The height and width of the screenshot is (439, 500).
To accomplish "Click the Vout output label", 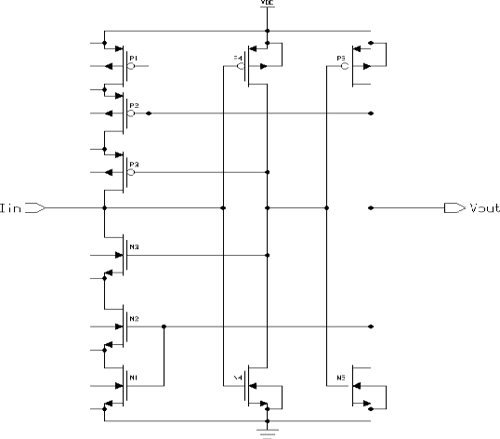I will coord(478,208).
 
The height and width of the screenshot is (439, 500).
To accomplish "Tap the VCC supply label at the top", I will coord(266,4).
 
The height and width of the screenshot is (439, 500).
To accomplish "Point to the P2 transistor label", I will coord(134,104).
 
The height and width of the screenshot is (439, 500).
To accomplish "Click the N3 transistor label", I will coord(134,244).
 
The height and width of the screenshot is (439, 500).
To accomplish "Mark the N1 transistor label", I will coord(133,377).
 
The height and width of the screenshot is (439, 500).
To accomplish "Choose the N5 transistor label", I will coord(343,378).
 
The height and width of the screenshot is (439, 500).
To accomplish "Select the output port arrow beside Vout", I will coord(452,209).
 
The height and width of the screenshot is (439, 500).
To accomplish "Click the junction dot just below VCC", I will coord(266,30).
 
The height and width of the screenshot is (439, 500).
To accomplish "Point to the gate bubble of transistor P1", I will coord(131,66).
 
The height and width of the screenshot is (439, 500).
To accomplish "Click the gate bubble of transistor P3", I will coord(131,173).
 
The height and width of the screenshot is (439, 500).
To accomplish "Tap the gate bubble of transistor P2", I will coord(131,114).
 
